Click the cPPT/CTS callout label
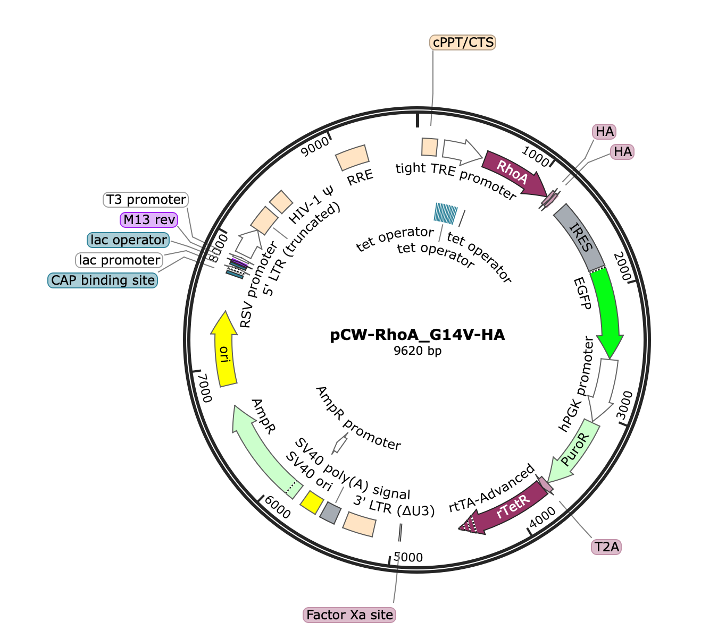[462, 42]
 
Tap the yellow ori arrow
[224, 349]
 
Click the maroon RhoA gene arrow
[514, 174]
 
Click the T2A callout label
[606, 547]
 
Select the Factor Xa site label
[349, 615]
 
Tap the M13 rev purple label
[149, 219]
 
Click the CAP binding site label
[103, 280]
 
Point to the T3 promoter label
[146, 200]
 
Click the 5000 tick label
[408, 557]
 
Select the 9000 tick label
[315, 147]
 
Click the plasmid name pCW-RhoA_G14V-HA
[418, 335]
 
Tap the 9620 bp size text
[418, 351]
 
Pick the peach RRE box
[352, 158]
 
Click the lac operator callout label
[128, 240]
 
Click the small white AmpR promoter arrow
[340, 444]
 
